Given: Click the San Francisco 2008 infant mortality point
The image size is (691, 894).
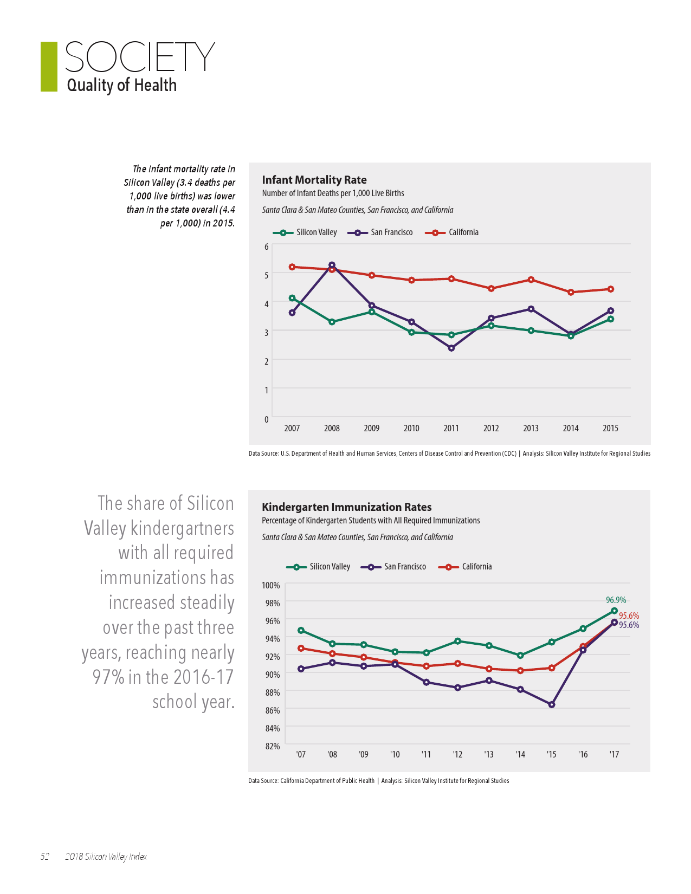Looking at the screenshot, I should click(x=332, y=265).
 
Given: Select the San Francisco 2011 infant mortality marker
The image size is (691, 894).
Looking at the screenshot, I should click(x=451, y=348).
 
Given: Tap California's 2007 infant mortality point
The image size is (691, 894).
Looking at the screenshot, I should click(x=292, y=267).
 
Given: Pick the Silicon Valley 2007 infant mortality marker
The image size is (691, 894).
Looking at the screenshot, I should click(x=292, y=298).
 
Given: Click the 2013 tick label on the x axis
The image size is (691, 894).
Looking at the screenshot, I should click(x=531, y=428).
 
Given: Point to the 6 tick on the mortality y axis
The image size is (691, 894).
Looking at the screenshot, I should click(x=266, y=247).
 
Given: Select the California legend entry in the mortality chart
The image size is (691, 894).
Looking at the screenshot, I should click(x=452, y=232).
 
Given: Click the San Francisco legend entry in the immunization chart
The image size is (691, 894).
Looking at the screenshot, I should click(x=393, y=567).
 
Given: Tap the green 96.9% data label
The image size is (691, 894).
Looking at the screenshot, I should click(x=616, y=600).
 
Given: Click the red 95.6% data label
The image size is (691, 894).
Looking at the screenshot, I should click(x=629, y=616).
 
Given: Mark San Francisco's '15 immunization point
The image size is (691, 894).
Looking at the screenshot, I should click(x=552, y=704).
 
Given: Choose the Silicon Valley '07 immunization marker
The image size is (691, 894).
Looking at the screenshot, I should click(x=301, y=630).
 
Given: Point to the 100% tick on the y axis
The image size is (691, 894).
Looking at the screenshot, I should click(x=270, y=585).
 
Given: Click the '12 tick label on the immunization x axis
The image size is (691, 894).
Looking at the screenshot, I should click(x=457, y=754).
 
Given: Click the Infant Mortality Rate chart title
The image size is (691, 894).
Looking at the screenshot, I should click(x=314, y=180).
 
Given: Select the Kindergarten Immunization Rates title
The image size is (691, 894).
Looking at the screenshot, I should click(x=346, y=507).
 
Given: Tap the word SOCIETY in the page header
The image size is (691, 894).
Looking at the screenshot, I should click(x=139, y=57).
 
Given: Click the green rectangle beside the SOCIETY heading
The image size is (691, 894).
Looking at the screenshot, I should click(x=49, y=67).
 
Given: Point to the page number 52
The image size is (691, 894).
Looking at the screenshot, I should click(x=44, y=857).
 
